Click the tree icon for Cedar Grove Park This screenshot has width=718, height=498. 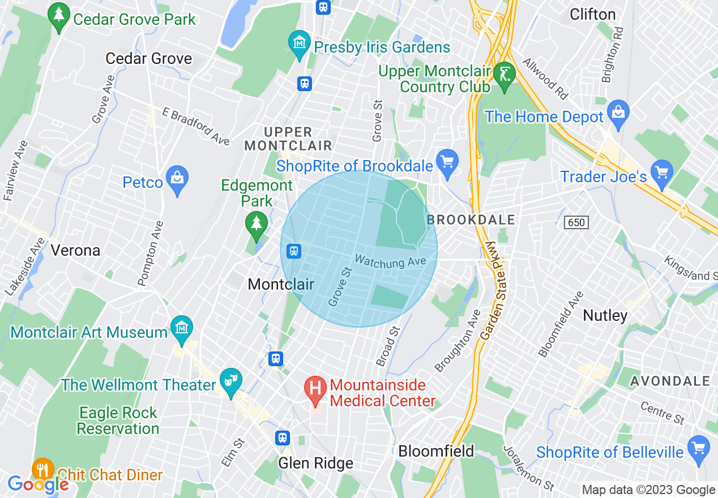(58, 18)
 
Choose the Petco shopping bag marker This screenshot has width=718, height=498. (178, 179)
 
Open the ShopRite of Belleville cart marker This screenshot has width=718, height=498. (700, 448)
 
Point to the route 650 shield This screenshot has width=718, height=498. (576, 222)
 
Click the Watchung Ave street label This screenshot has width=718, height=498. (390, 262)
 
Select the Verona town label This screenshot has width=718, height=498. (75, 250)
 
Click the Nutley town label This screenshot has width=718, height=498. (605, 315)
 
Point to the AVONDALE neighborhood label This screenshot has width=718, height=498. (669, 381)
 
